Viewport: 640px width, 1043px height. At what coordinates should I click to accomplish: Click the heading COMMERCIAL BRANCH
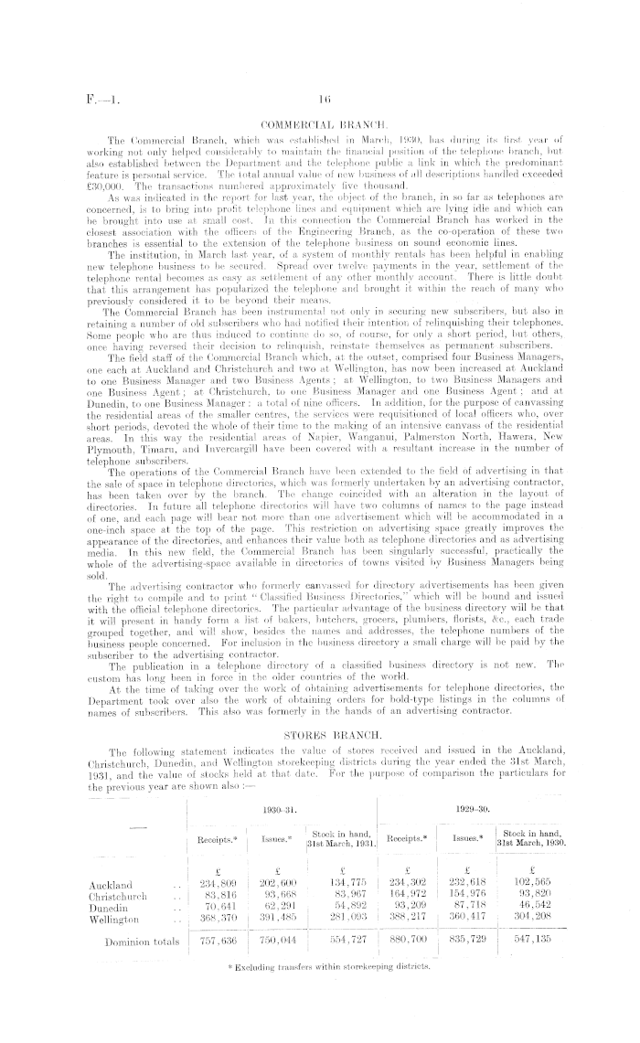(x=320, y=120)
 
